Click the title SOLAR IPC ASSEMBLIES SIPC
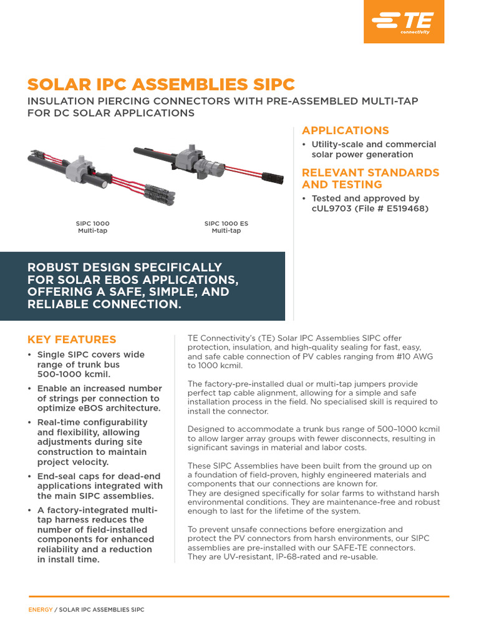[161, 85]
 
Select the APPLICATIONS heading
[345, 130]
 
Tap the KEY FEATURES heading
[72, 339]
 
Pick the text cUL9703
[335, 208]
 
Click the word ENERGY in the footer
[40, 610]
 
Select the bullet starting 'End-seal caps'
[94, 485]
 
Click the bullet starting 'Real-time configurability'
[94, 442]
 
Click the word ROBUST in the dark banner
[54, 267]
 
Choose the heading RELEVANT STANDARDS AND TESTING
[370, 178]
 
